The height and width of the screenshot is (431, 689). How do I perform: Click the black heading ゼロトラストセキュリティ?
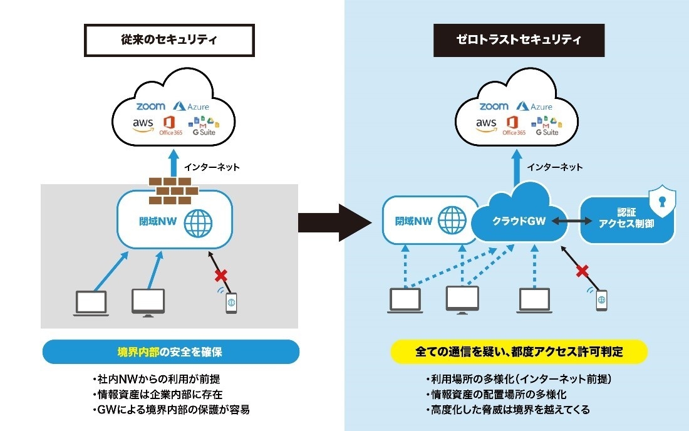tap(518, 41)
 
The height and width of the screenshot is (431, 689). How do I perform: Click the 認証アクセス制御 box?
tap(626, 222)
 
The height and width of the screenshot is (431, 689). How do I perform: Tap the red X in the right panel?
tap(583, 271)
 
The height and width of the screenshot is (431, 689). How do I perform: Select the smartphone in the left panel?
tap(231, 303)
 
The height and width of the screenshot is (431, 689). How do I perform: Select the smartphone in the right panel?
tap(601, 299)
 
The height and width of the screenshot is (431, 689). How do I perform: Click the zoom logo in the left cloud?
tap(150, 106)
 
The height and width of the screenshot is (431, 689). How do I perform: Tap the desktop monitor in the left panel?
tap(148, 302)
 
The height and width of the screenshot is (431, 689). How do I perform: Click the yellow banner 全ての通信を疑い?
tap(518, 351)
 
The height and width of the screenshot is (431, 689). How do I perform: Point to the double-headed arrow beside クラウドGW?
tap(572, 222)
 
